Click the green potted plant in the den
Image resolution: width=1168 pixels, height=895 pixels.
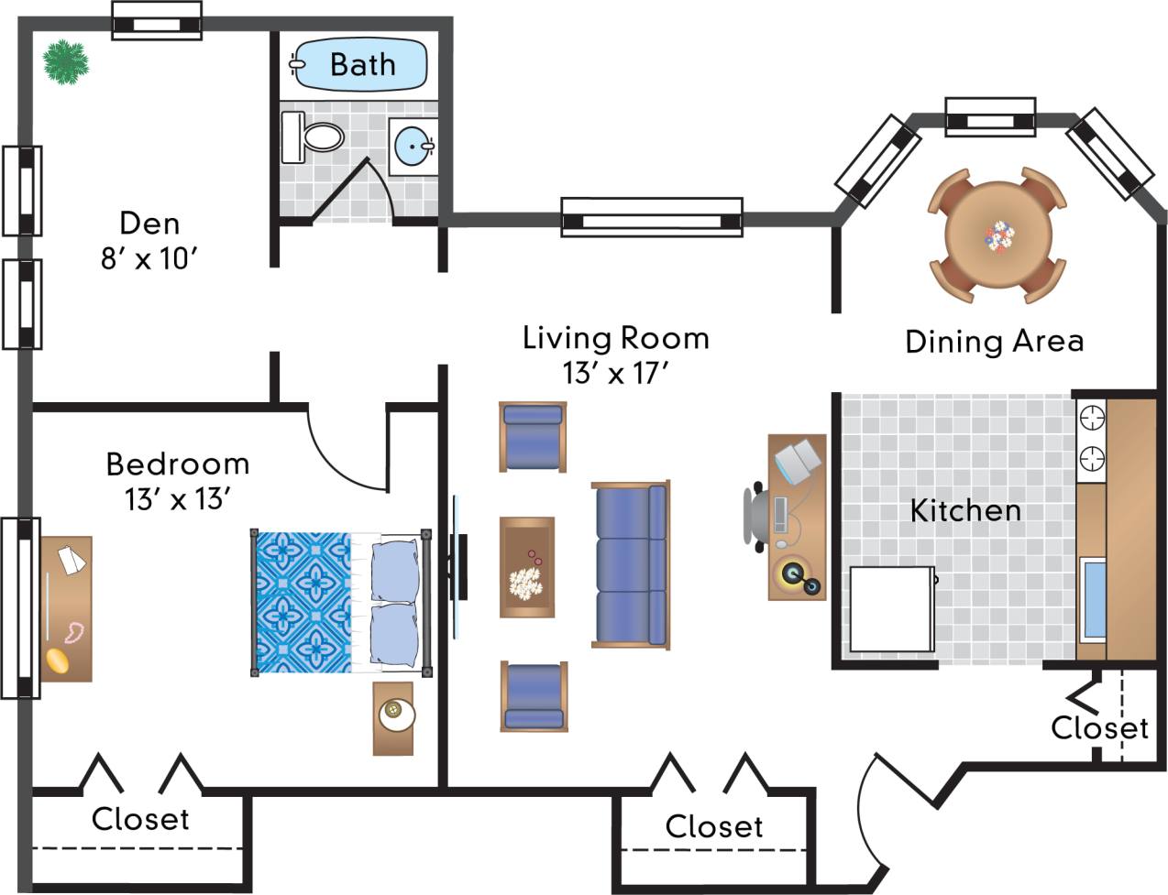66,62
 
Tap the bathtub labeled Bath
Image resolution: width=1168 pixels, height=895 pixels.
361,64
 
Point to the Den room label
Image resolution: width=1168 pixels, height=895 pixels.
149,224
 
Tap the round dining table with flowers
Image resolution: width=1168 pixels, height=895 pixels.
998,235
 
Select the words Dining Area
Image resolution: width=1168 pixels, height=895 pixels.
994,342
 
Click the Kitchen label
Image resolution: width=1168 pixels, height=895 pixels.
965,510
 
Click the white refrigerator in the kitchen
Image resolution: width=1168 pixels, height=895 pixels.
890,609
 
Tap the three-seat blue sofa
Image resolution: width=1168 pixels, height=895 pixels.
631,564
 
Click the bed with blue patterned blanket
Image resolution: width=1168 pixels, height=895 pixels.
340,603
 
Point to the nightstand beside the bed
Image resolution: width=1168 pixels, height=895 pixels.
393,718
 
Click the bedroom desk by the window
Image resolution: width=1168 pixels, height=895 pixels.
66,608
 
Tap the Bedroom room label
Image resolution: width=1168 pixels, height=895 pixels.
177,464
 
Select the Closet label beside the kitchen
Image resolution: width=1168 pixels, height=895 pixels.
1099,728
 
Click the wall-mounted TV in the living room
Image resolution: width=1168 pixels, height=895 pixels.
458,568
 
